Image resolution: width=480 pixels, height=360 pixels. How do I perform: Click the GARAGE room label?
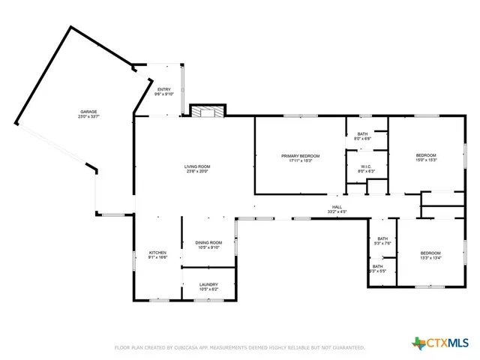coord(88,112)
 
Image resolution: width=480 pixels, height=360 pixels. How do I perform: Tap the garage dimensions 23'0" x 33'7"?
coord(88,117)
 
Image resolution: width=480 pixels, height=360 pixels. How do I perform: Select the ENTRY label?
coord(163,89)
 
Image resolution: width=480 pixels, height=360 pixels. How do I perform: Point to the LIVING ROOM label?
coord(197,166)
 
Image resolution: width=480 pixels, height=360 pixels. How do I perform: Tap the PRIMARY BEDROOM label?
coord(300,155)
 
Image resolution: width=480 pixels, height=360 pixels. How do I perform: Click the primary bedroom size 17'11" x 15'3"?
coord(300,160)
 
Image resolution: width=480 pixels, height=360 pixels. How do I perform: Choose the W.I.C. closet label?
coord(366,166)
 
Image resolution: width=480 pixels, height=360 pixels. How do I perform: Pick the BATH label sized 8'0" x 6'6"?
coord(363,133)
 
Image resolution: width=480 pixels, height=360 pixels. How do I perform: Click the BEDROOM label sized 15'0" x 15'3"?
coord(426,155)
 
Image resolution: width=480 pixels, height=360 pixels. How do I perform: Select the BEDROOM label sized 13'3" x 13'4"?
coord(430,253)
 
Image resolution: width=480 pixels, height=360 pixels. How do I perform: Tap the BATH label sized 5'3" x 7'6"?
coord(383,238)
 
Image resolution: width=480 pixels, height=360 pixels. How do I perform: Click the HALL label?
coord(337,206)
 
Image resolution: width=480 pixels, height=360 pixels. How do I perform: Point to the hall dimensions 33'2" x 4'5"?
coord(337,211)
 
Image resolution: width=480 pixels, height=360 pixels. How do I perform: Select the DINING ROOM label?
coord(208,242)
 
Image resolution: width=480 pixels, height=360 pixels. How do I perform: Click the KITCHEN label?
coord(157,253)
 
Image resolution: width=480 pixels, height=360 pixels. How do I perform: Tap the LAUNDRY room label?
coord(208,284)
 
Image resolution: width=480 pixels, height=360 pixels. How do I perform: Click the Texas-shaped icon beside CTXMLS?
coord(418,343)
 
